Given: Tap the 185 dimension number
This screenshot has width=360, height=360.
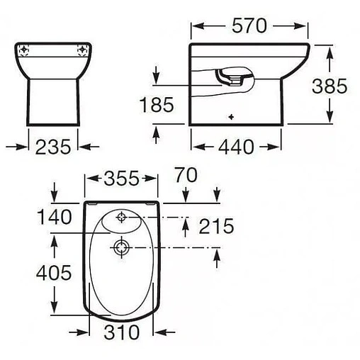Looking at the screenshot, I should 156,106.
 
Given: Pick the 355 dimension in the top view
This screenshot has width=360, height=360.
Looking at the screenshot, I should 120,178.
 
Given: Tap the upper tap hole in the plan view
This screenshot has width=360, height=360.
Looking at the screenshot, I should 120,216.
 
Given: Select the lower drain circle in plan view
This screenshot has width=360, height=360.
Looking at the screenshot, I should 120,247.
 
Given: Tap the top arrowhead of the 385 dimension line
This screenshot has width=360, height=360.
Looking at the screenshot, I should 329,48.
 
